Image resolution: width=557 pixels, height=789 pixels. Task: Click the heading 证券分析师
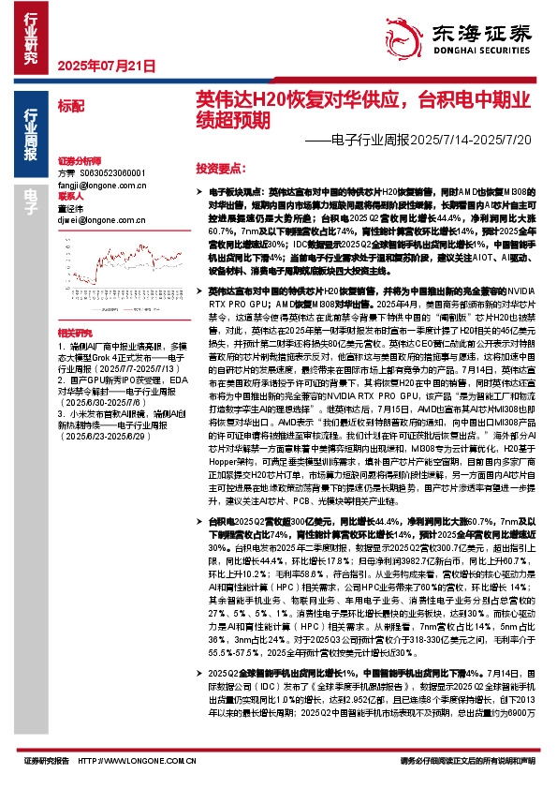pyautogui.click(x=79, y=161)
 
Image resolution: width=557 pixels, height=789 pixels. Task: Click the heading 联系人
pyautogui.click(x=71, y=197)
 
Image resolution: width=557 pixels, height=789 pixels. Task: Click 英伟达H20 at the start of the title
pyautogui.click(x=228, y=99)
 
